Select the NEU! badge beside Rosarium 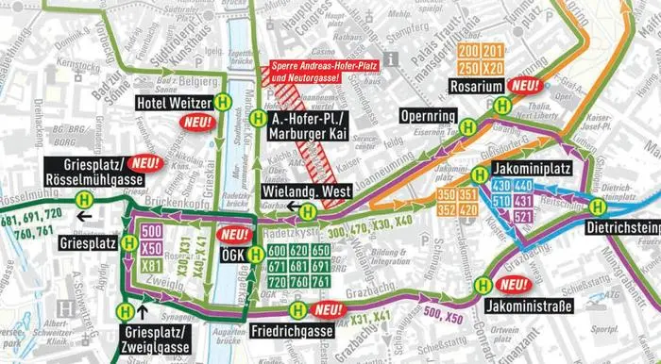(523, 84)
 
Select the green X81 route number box (150, 266)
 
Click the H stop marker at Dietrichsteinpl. (596, 207)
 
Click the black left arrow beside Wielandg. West (297, 209)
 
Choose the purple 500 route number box (150, 231)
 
